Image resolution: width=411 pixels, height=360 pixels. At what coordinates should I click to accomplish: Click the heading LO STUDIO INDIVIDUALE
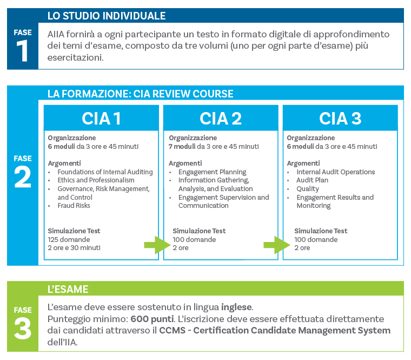(x=107, y=16)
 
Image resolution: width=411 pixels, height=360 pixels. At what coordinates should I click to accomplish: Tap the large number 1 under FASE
(x=23, y=52)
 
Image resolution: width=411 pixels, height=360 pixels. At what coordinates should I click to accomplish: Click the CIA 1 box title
(x=101, y=118)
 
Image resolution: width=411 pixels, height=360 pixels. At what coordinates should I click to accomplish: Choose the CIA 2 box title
(x=221, y=118)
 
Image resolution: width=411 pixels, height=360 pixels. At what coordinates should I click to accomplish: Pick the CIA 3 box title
(x=340, y=118)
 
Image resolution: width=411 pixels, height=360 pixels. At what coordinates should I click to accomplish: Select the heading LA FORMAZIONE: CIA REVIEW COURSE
(x=140, y=94)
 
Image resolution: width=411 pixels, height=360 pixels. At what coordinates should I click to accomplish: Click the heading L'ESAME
(x=68, y=289)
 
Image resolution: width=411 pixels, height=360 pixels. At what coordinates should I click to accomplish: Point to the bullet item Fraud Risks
(x=74, y=206)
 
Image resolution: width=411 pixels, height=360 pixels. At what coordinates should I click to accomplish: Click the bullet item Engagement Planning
(x=212, y=172)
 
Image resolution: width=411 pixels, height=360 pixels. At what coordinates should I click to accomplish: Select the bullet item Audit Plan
(x=312, y=180)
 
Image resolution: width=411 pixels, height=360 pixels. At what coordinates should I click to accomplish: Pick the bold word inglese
(x=236, y=307)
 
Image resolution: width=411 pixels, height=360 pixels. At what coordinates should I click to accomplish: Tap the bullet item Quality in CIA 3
(x=308, y=189)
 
